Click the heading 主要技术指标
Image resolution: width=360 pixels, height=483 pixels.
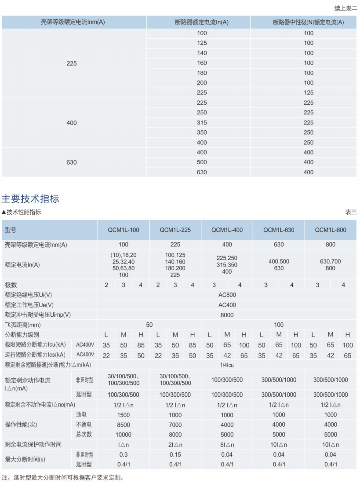click(x=30, y=198)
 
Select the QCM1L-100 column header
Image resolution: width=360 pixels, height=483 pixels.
click(x=124, y=230)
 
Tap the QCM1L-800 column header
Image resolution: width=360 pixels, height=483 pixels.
click(x=331, y=230)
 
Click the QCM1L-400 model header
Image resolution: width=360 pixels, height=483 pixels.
click(x=227, y=230)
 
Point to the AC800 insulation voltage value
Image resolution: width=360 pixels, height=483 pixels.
click(x=227, y=295)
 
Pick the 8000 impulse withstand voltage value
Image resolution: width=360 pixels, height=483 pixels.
click(x=227, y=315)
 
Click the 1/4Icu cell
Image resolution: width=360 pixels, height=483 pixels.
click(x=227, y=365)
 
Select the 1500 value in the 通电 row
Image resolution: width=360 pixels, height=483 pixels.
click(x=124, y=415)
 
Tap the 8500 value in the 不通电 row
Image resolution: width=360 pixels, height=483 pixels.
click(x=124, y=425)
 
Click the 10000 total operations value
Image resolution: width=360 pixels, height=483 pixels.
click(x=124, y=435)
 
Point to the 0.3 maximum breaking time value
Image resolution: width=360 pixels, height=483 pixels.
click(x=124, y=454)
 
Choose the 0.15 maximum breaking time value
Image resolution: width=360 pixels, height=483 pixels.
click(x=175, y=454)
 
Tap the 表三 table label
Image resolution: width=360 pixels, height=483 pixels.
click(x=351, y=212)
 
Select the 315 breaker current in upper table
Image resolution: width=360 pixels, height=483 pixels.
click(x=202, y=123)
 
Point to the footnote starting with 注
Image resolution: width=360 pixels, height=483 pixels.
click(x=63, y=477)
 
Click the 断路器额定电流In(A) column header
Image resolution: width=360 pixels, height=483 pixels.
click(x=199, y=22)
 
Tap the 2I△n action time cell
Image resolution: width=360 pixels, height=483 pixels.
click(x=175, y=445)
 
